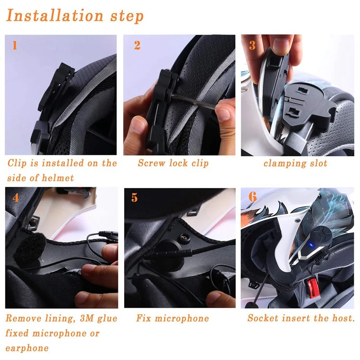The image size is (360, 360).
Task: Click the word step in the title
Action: [127, 17]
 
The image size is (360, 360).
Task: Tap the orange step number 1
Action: [15, 45]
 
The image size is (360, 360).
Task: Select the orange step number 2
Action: [137, 45]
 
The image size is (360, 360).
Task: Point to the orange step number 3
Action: [252, 45]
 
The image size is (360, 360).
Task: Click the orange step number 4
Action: [16, 198]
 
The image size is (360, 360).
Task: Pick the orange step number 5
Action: [135, 198]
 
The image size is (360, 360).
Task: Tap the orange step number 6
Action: [252, 197]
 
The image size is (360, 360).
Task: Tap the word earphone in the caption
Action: [27, 348]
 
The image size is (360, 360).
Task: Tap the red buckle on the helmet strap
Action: [313, 288]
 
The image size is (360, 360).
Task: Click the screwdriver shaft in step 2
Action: [193, 101]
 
